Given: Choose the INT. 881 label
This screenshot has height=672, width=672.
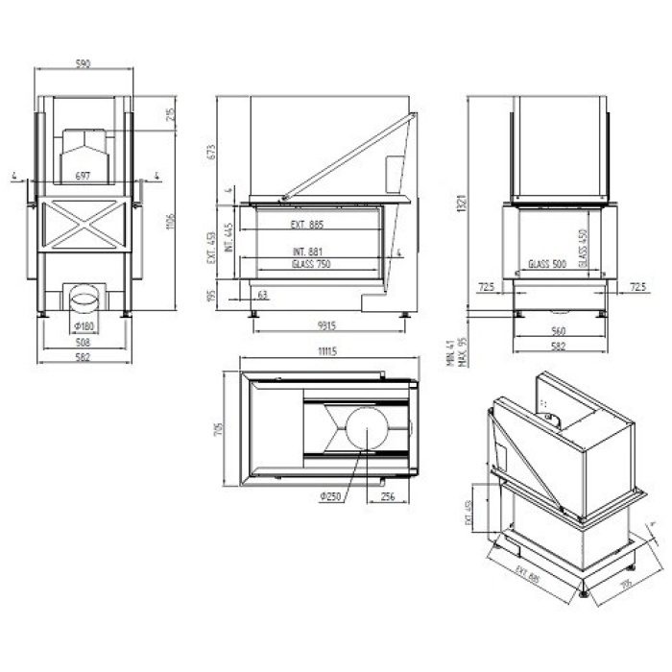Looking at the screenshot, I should [x=306, y=252].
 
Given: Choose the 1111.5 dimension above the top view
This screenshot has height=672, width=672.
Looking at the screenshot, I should [x=327, y=350].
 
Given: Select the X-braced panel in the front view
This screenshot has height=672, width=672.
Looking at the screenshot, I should [x=84, y=221].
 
